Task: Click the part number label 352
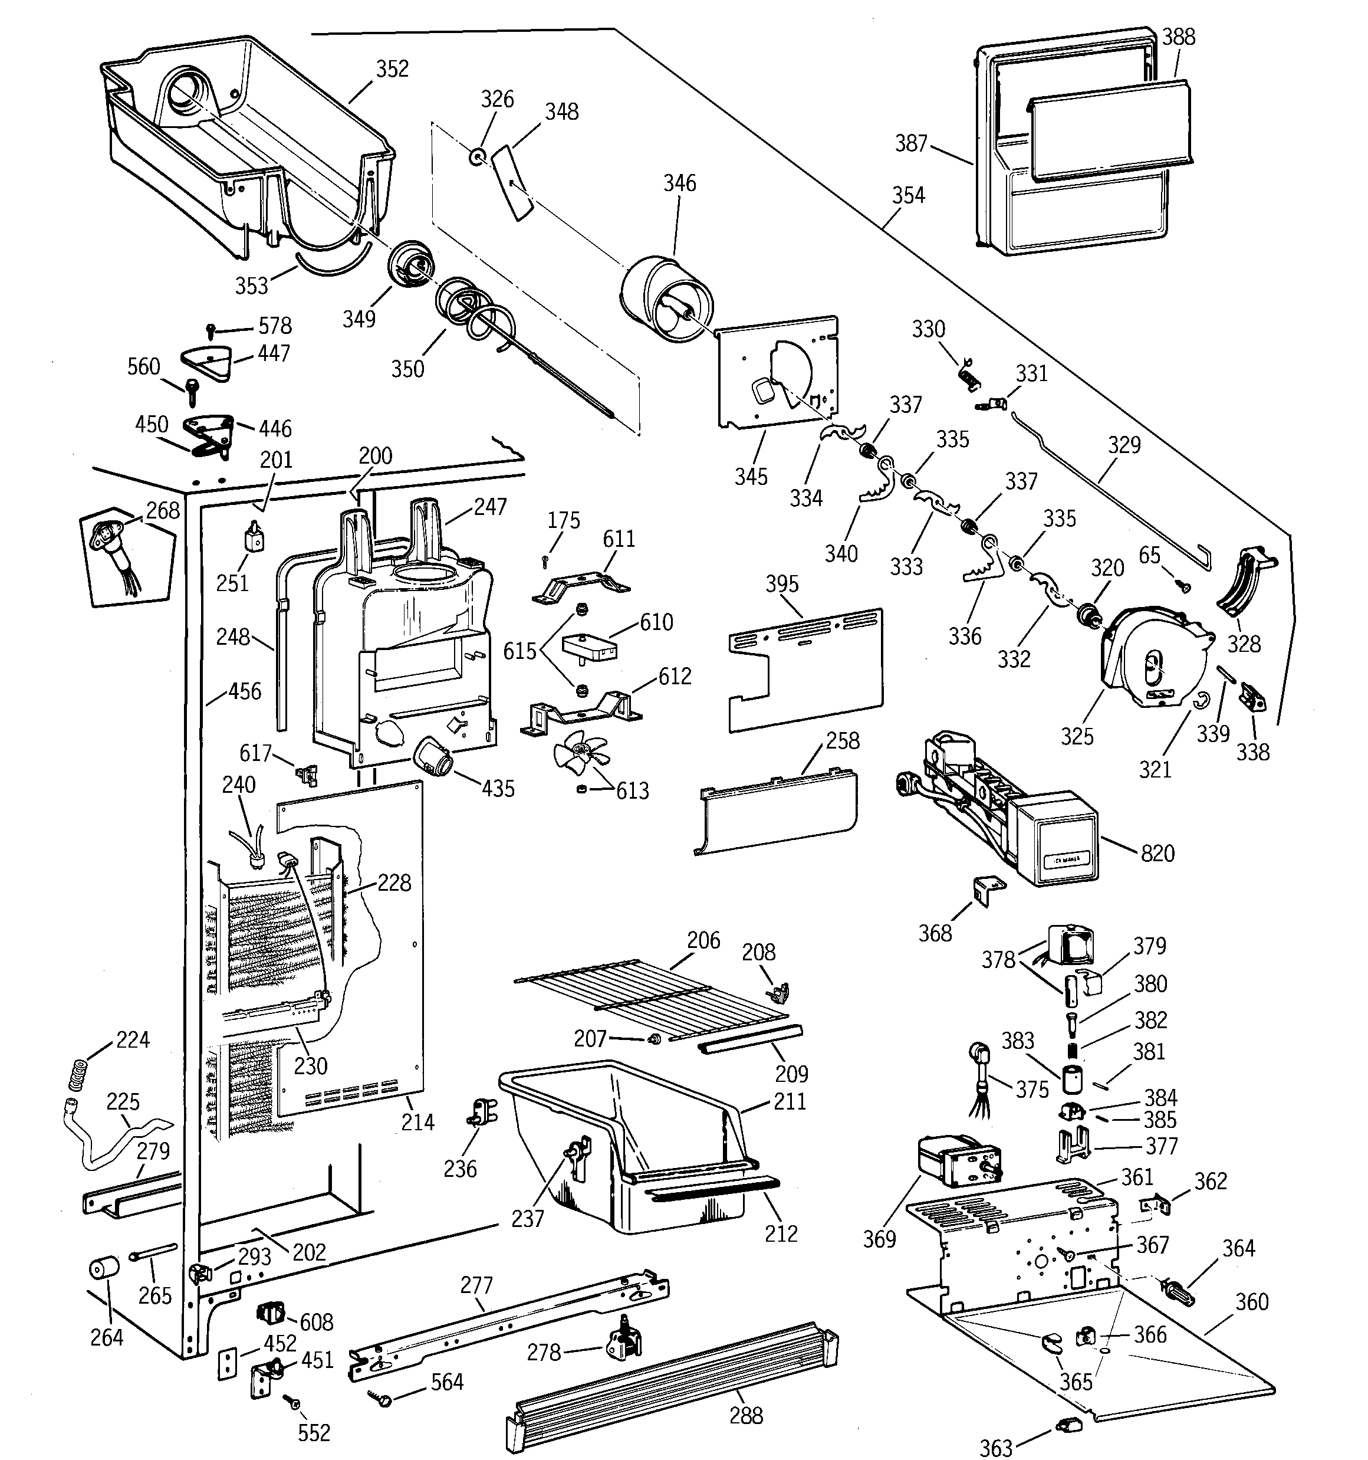[x=392, y=69]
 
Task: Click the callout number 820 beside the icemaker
[x=1157, y=854]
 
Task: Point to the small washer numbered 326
[x=477, y=156]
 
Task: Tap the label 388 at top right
[x=1179, y=37]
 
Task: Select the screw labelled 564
[x=383, y=1401]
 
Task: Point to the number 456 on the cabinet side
[x=245, y=691]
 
